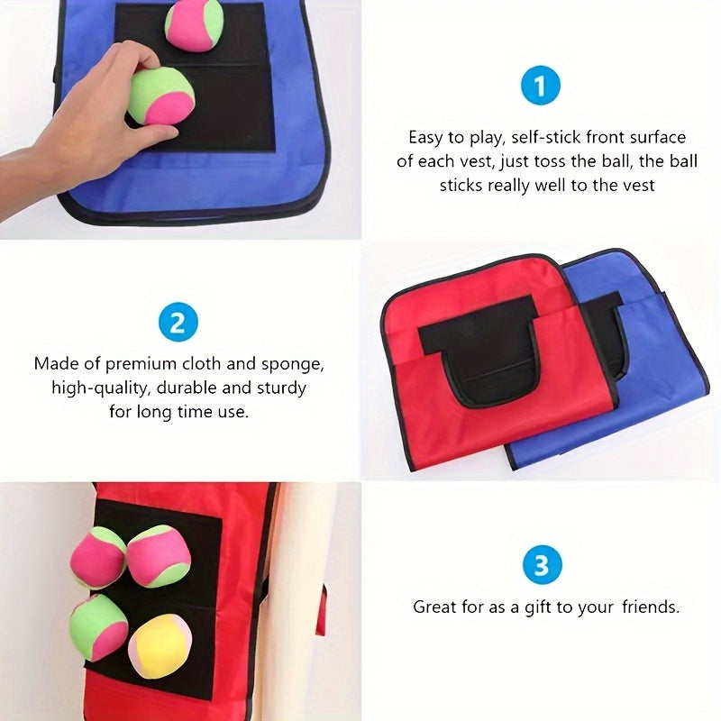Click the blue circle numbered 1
pos(541,87)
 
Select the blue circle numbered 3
pos(541,566)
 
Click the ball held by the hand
pos(160,96)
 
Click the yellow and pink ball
pos(160,645)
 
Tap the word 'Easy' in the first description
pos(425,138)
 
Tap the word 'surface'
pos(655,138)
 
